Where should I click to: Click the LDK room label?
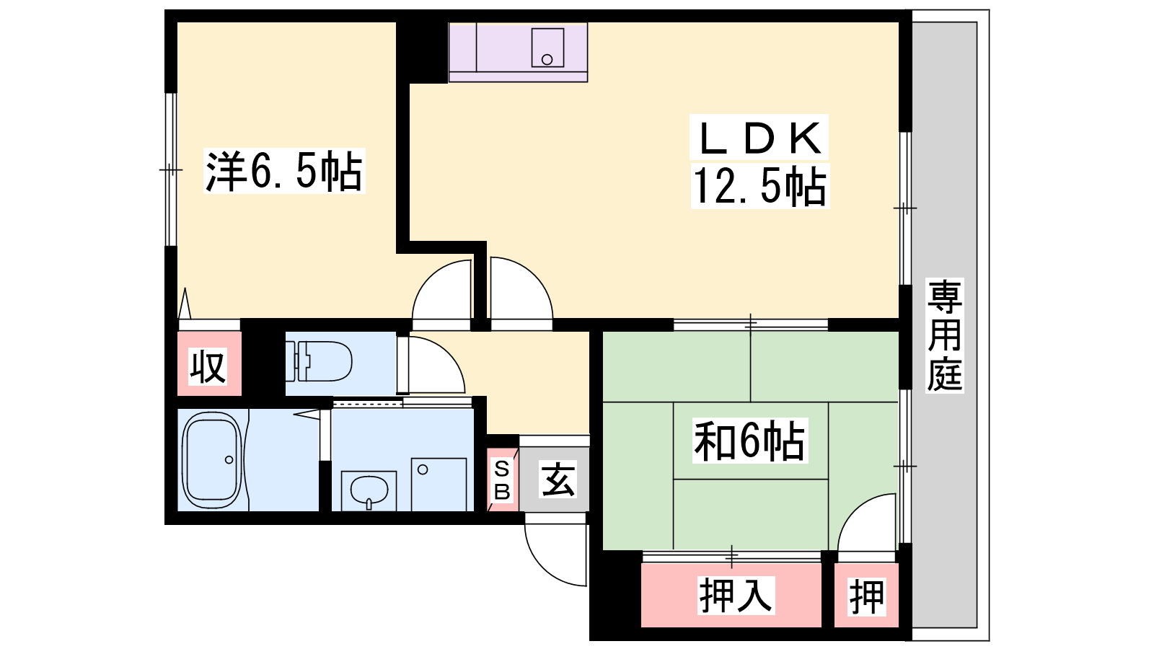click(x=759, y=138)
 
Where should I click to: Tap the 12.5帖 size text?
click(x=759, y=186)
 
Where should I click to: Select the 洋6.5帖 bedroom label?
click(x=284, y=171)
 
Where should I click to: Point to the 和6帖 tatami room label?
click(x=749, y=441)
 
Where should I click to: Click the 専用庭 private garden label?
click(x=944, y=335)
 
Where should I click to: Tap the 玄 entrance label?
click(x=558, y=480)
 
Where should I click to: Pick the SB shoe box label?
click(x=502, y=480)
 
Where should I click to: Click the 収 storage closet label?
click(x=208, y=366)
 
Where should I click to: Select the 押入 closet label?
click(x=735, y=596)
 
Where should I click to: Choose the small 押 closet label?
click(x=867, y=596)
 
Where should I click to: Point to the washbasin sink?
click(x=369, y=490)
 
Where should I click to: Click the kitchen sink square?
click(x=547, y=48)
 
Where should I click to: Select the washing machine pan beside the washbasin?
click(x=439, y=484)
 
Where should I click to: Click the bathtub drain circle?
click(x=229, y=460)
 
